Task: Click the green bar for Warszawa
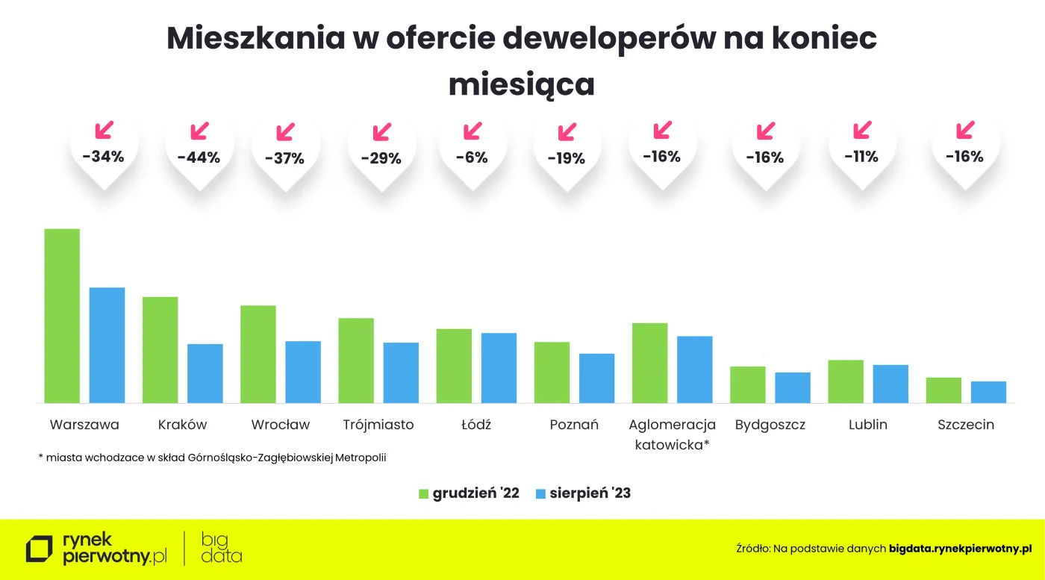[62, 316]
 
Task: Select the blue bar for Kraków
[205, 373]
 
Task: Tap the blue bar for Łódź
[499, 368]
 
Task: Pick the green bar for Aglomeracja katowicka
[649, 363]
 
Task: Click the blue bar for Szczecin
[988, 392]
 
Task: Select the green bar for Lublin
[846, 381]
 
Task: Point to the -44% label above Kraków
[199, 158]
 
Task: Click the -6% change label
[473, 158]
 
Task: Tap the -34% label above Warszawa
[103, 157]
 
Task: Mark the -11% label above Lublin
[861, 157]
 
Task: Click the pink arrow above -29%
[381, 131]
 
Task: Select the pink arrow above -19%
[567, 131]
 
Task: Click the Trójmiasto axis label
[378, 425]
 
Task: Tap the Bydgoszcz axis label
[770, 425]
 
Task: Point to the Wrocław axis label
[280, 425]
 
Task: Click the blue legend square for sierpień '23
[541, 493]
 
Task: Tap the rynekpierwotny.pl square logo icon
[40, 549]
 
